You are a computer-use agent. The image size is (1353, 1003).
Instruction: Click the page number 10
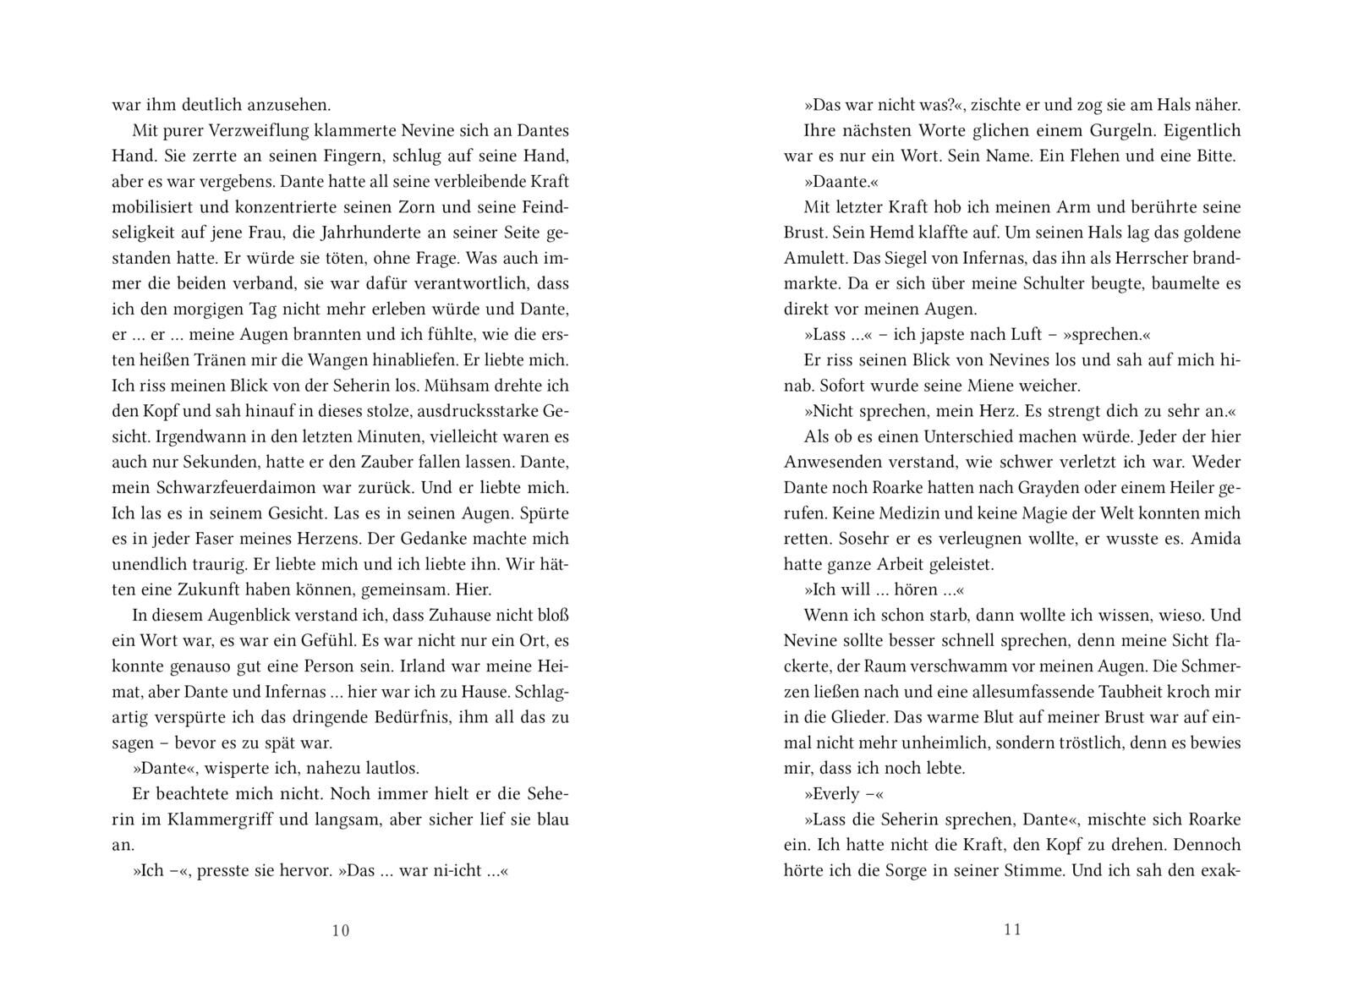340,931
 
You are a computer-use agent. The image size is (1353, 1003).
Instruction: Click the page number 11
1013,930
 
